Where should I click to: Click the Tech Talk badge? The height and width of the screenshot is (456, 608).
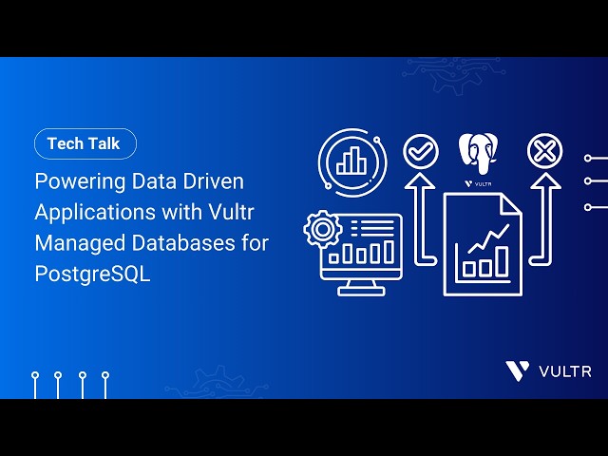click(85, 143)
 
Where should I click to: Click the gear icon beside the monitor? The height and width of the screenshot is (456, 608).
click(321, 229)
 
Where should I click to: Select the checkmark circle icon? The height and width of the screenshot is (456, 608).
click(420, 150)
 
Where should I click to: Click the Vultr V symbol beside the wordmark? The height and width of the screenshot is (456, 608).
click(518, 370)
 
